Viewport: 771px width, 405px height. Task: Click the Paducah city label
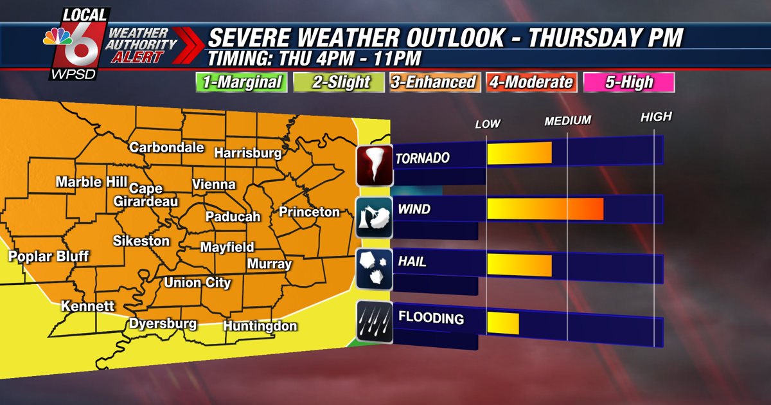(x=233, y=217)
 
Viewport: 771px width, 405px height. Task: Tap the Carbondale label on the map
(x=166, y=147)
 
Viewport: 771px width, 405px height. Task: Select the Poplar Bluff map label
(x=48, y=256)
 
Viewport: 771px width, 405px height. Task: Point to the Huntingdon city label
(x=260, y=326)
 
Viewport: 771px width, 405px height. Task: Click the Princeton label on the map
(x=309, y=212)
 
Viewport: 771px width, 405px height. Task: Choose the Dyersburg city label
(x=163, y=323)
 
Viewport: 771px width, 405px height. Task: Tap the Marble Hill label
(x=91, y=182)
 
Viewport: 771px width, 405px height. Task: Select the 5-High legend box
(x=629, y=82)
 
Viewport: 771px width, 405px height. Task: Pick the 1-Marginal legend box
(x=241, y=82)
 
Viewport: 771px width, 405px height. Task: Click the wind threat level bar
(x=545, y=210)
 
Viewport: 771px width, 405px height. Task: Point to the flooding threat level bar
(x=502, y=323)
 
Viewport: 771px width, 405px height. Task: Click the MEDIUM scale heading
(x=567, y=121)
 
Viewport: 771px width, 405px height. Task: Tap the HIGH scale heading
(x=655, y=117)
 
